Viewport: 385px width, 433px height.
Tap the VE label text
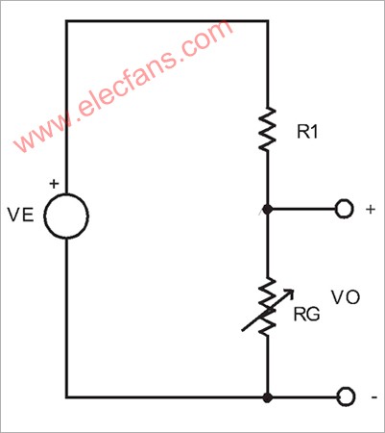21,215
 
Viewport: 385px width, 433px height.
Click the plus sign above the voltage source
54,184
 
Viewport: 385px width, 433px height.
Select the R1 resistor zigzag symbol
267,129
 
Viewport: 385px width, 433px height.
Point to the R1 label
308,132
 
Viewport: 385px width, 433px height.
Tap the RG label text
306,315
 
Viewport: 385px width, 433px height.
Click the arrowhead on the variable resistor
289,293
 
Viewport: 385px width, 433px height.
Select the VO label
346,297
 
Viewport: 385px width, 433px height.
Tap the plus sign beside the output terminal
371,210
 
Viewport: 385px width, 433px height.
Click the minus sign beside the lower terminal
374,397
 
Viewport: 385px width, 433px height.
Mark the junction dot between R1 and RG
268,210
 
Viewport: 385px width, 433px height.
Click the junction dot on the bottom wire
268,397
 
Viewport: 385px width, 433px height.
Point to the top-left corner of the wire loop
66,21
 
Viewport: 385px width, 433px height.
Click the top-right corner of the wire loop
268,21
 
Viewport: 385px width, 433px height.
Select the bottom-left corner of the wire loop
66,397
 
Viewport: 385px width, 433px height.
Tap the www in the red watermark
41,135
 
